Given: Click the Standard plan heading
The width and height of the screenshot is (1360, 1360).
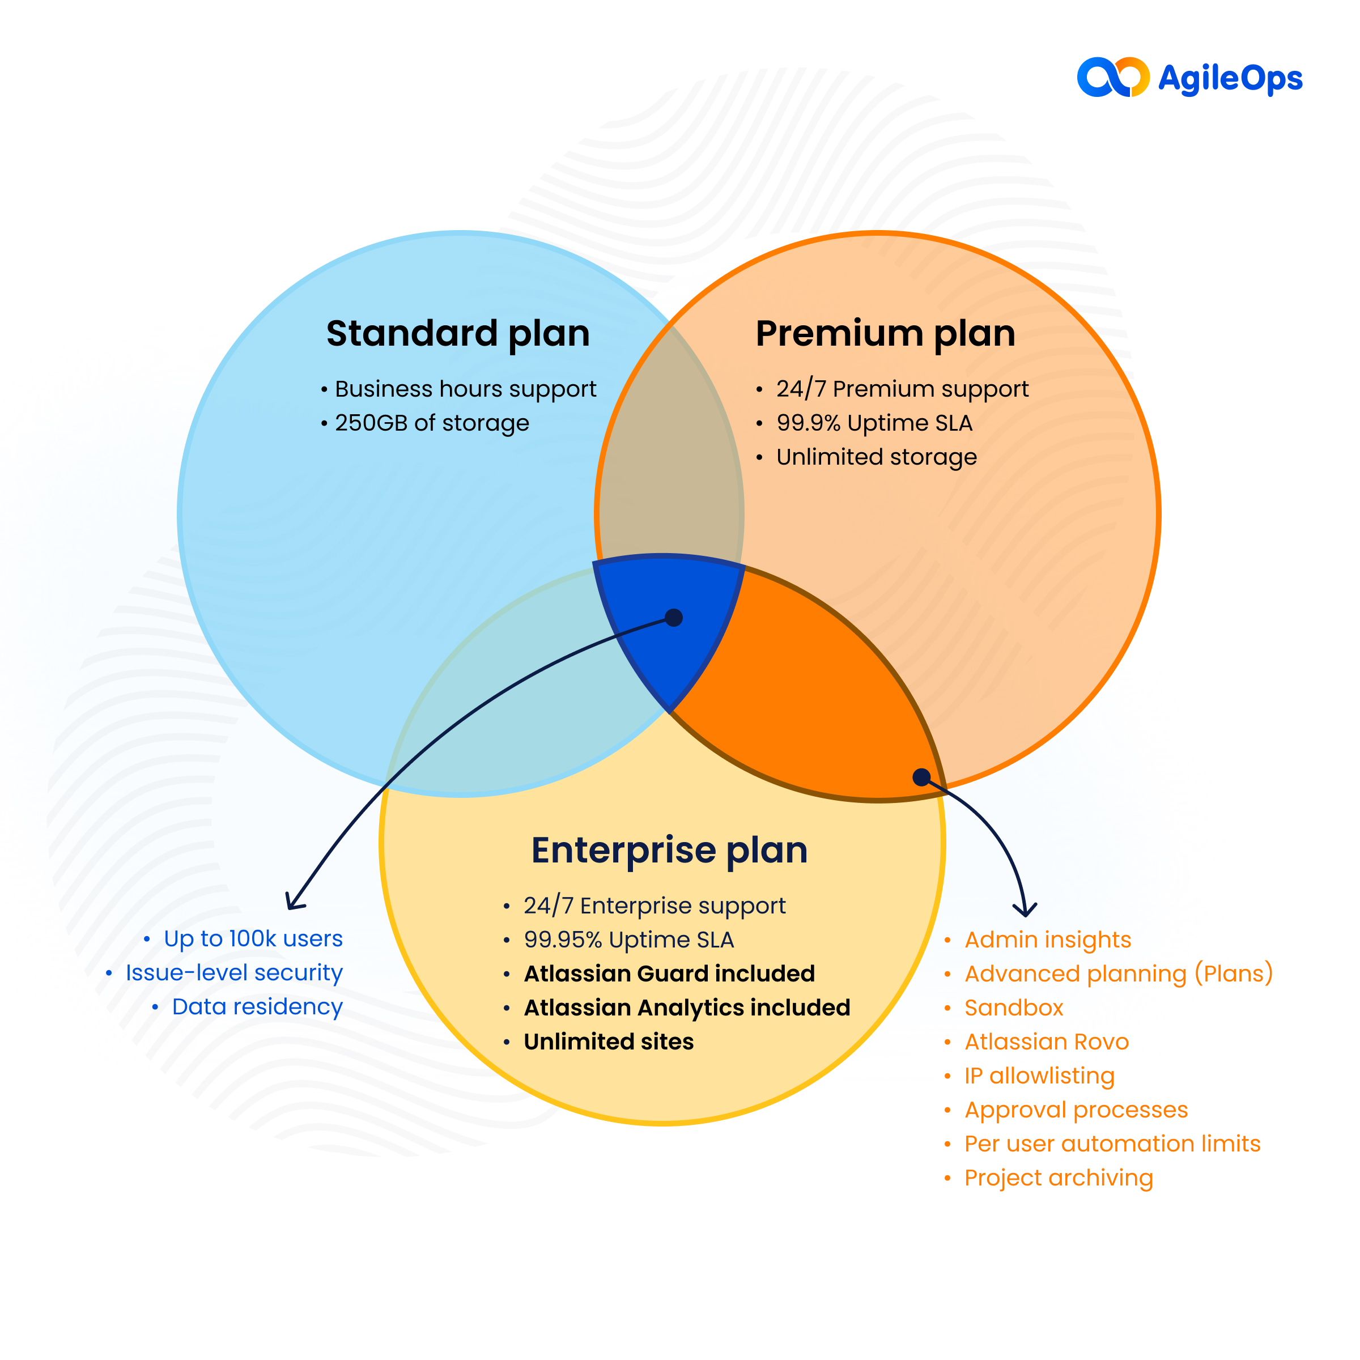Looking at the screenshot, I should coord(457,334).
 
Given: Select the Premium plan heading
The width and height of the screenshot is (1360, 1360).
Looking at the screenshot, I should coord(885,334).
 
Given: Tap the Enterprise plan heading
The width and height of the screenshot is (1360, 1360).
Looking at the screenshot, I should coord(669,851).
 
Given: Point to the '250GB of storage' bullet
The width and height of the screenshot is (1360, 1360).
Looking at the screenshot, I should coord(431,423).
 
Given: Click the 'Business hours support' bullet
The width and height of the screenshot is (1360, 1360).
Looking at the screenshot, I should coord(465,389).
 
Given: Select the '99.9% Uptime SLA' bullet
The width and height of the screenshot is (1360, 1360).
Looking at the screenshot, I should coord(874,423).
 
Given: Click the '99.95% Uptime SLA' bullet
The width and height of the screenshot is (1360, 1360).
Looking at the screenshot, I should coord(628,940).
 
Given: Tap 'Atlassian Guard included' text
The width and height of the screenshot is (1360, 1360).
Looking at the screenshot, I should coord(669,974).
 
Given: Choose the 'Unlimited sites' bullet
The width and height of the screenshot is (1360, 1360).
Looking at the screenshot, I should coord(608,1042).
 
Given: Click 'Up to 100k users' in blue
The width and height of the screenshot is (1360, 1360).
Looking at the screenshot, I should coord(253,939).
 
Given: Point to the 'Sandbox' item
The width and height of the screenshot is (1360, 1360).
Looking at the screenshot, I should coord(1013,1008).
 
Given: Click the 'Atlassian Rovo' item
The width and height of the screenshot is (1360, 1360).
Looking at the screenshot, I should coord(1046,1042).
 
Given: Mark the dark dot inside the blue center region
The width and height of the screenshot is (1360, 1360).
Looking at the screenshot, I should coord(674,617).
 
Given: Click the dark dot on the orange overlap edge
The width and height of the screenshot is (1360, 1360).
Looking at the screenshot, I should coord(921,777).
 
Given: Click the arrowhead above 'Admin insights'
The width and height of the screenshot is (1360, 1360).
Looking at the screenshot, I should coord(1025,911).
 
